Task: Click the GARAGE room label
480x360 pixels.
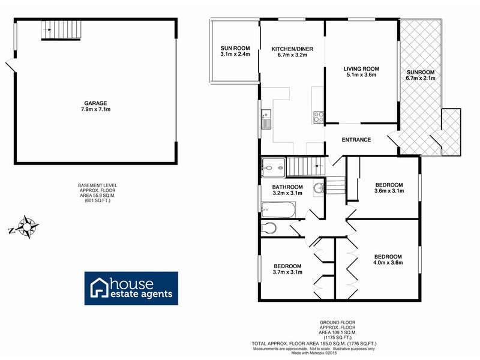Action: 97,103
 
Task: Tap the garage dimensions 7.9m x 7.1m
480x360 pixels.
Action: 97,110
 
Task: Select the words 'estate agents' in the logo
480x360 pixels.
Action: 140,294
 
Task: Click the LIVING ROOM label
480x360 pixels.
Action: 361,68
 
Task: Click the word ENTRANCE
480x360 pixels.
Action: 356,140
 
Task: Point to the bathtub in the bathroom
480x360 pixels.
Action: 280,209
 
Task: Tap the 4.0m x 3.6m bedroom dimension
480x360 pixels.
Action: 387,262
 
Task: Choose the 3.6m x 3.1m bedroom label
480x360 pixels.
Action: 389,191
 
